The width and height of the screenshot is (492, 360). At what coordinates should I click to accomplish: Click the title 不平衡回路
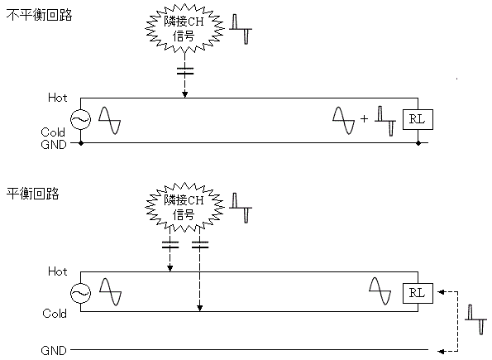[39, 15]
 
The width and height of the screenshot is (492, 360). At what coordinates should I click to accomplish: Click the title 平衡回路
[32, 194]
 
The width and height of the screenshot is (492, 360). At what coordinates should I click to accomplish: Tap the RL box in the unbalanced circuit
[418, 119]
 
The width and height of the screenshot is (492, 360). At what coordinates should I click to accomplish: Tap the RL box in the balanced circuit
[418, 293]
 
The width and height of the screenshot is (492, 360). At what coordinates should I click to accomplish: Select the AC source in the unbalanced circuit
[81, 119]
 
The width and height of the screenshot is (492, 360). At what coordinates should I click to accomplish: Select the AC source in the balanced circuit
[81, 293]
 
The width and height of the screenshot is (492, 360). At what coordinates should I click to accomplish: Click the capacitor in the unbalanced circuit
[185, 71]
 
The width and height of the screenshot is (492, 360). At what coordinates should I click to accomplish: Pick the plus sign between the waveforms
[364, 118]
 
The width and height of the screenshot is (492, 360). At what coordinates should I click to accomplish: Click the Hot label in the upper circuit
[57, 98]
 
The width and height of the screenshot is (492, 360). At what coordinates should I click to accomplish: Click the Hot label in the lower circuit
[57, 271]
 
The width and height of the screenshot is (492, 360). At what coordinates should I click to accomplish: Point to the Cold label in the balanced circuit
[55, 313]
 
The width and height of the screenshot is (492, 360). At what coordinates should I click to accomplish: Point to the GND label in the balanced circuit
[54, 350]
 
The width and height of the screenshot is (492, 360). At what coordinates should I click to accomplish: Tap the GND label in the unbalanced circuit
[54, 145]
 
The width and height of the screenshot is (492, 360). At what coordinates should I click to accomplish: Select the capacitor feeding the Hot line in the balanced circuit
[170, 245]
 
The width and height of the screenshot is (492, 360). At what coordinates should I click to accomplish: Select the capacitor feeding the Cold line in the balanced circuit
[200, 245]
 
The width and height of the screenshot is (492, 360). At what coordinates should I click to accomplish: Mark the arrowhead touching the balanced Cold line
[199, 308]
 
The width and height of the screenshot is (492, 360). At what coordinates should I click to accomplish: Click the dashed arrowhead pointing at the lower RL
[442, 292]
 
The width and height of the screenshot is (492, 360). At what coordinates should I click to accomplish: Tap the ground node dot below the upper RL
[418, 143]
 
